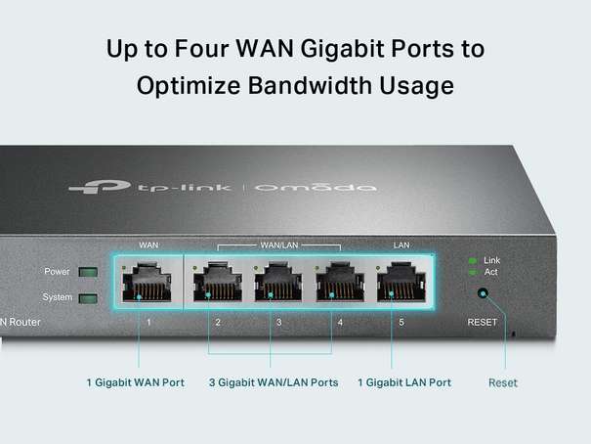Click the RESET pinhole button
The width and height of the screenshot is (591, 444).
482,292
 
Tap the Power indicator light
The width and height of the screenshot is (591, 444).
89,272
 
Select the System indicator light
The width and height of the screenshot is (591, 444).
89,297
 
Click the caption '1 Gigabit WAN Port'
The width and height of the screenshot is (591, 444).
135,382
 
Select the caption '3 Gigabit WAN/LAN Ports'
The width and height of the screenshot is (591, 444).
274,382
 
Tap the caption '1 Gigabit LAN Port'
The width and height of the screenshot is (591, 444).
404,382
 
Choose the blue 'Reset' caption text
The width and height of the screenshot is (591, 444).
503,382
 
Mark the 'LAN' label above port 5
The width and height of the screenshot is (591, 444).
401,244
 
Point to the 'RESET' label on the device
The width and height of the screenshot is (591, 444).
482,322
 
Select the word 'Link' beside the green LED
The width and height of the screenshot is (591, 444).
491,260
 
